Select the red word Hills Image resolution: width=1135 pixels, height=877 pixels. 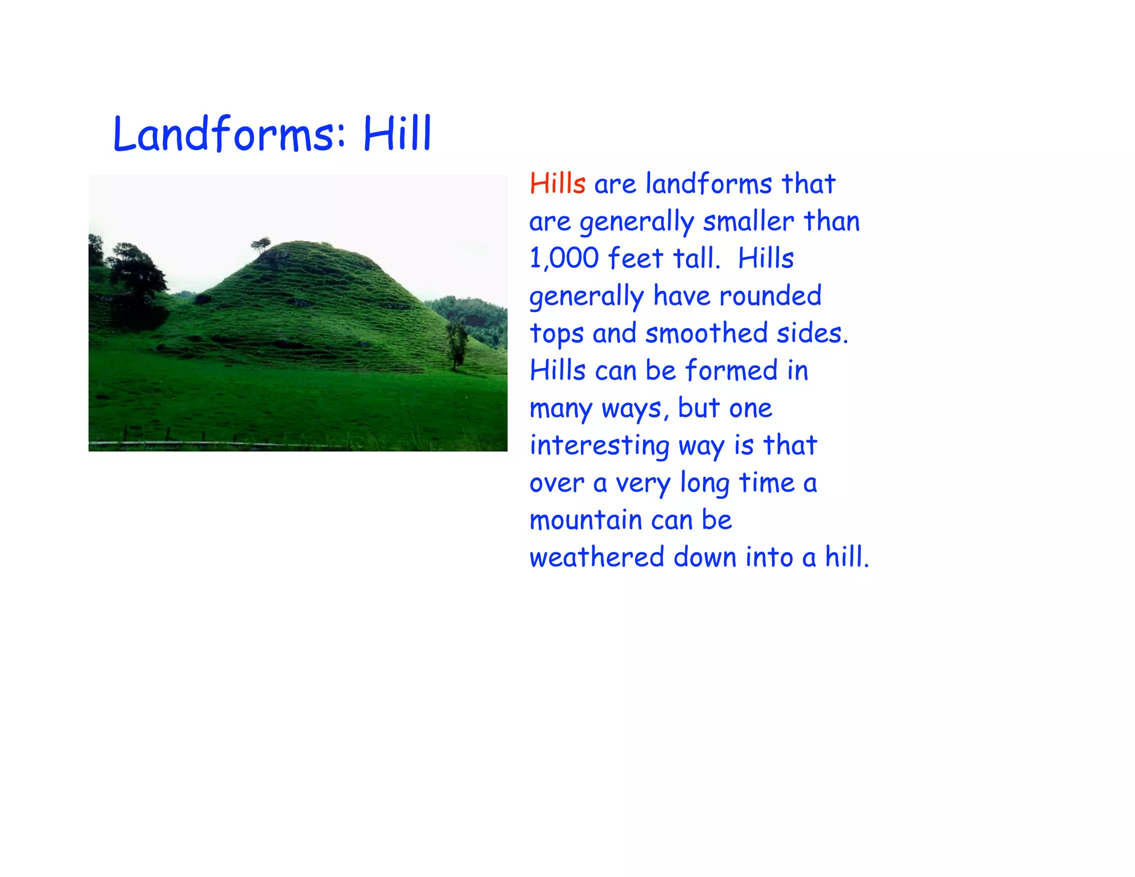pyautogui.click(x=557, y=183)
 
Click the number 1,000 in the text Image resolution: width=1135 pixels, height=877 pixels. pyautogui.click(x=564, y=258)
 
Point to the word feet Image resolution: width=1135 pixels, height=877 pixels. pyautogui.click(x=635, y=258)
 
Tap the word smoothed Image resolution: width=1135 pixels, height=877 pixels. pyautogui.click(x=706, y=333)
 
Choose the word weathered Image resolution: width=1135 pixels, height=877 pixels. pyautogui.click(x=596, y=557)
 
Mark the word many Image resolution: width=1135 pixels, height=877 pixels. pyautogui.click(x=561, y=409)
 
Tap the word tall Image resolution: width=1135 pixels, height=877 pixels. pyautogui.click(x=697, y=258)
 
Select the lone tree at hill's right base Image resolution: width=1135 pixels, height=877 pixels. pyautogui.click(x=457, y=344)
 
